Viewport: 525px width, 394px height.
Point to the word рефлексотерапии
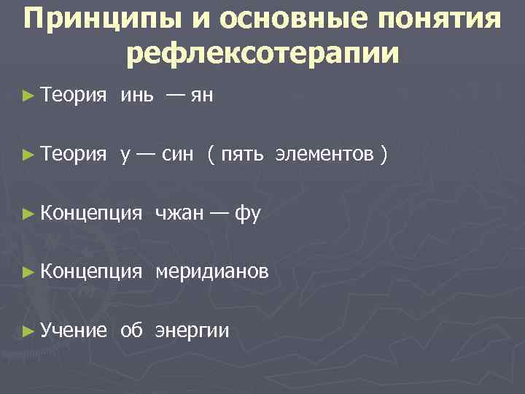click(262, 53)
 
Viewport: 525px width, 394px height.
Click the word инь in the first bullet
click(137, 94)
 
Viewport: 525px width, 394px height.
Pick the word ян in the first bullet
click(201, 94)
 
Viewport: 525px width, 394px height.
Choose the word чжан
click(179, 213)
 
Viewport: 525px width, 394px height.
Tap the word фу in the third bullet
click(248, 213)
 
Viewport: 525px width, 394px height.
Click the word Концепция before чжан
click(91, 213)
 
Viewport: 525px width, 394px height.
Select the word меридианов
click(211, 272)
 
